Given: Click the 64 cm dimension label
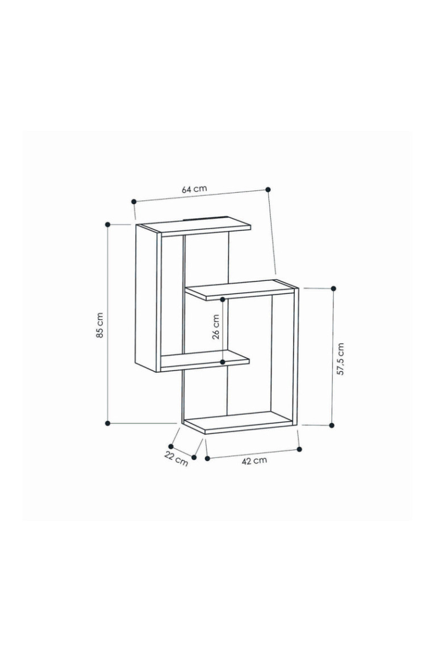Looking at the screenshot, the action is [x=194, y=189].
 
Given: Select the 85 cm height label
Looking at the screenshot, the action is [x=99, y=325].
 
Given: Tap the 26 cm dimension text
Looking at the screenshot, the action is [x=216, y=327].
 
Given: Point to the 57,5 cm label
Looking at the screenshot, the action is [x=341, y=359].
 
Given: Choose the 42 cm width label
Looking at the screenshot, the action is [x=254, y=460].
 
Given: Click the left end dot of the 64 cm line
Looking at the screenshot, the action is [x=133, y=201].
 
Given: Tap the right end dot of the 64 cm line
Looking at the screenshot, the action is [x=268, y=189].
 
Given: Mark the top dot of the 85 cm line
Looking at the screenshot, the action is [x=107, y=225].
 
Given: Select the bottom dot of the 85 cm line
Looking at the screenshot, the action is [x=107, y=423].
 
